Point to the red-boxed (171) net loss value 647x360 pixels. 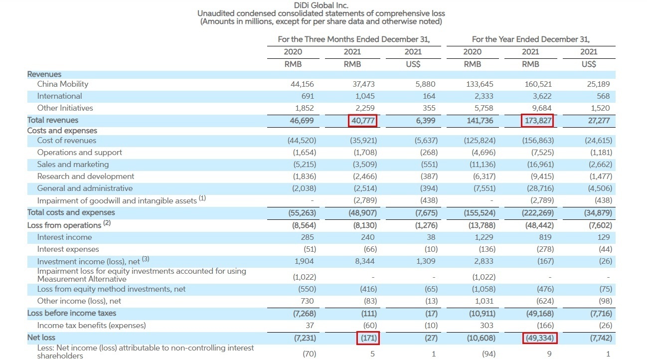pyautogui.click(x=368, y=338)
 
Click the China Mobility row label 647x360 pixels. pyautogui.click(x=62, y=84)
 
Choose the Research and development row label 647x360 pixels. pyautogui.click(x=85, y=177)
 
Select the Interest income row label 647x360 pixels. pyautogui.click(x=64, y=237)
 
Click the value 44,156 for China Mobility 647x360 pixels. pyautogui.click(x=302, y=84)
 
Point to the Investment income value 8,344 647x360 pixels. pyautogui.click(x=365, y=261)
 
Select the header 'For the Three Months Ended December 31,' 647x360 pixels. pyautogui.click(x=353, y=39)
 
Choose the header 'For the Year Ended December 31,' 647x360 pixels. pyautogui.click(x=530, y=39)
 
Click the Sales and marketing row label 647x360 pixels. pyautogui.click(x=73, y=165)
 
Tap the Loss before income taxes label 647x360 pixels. pyautogui.click(x=71, y=313)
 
